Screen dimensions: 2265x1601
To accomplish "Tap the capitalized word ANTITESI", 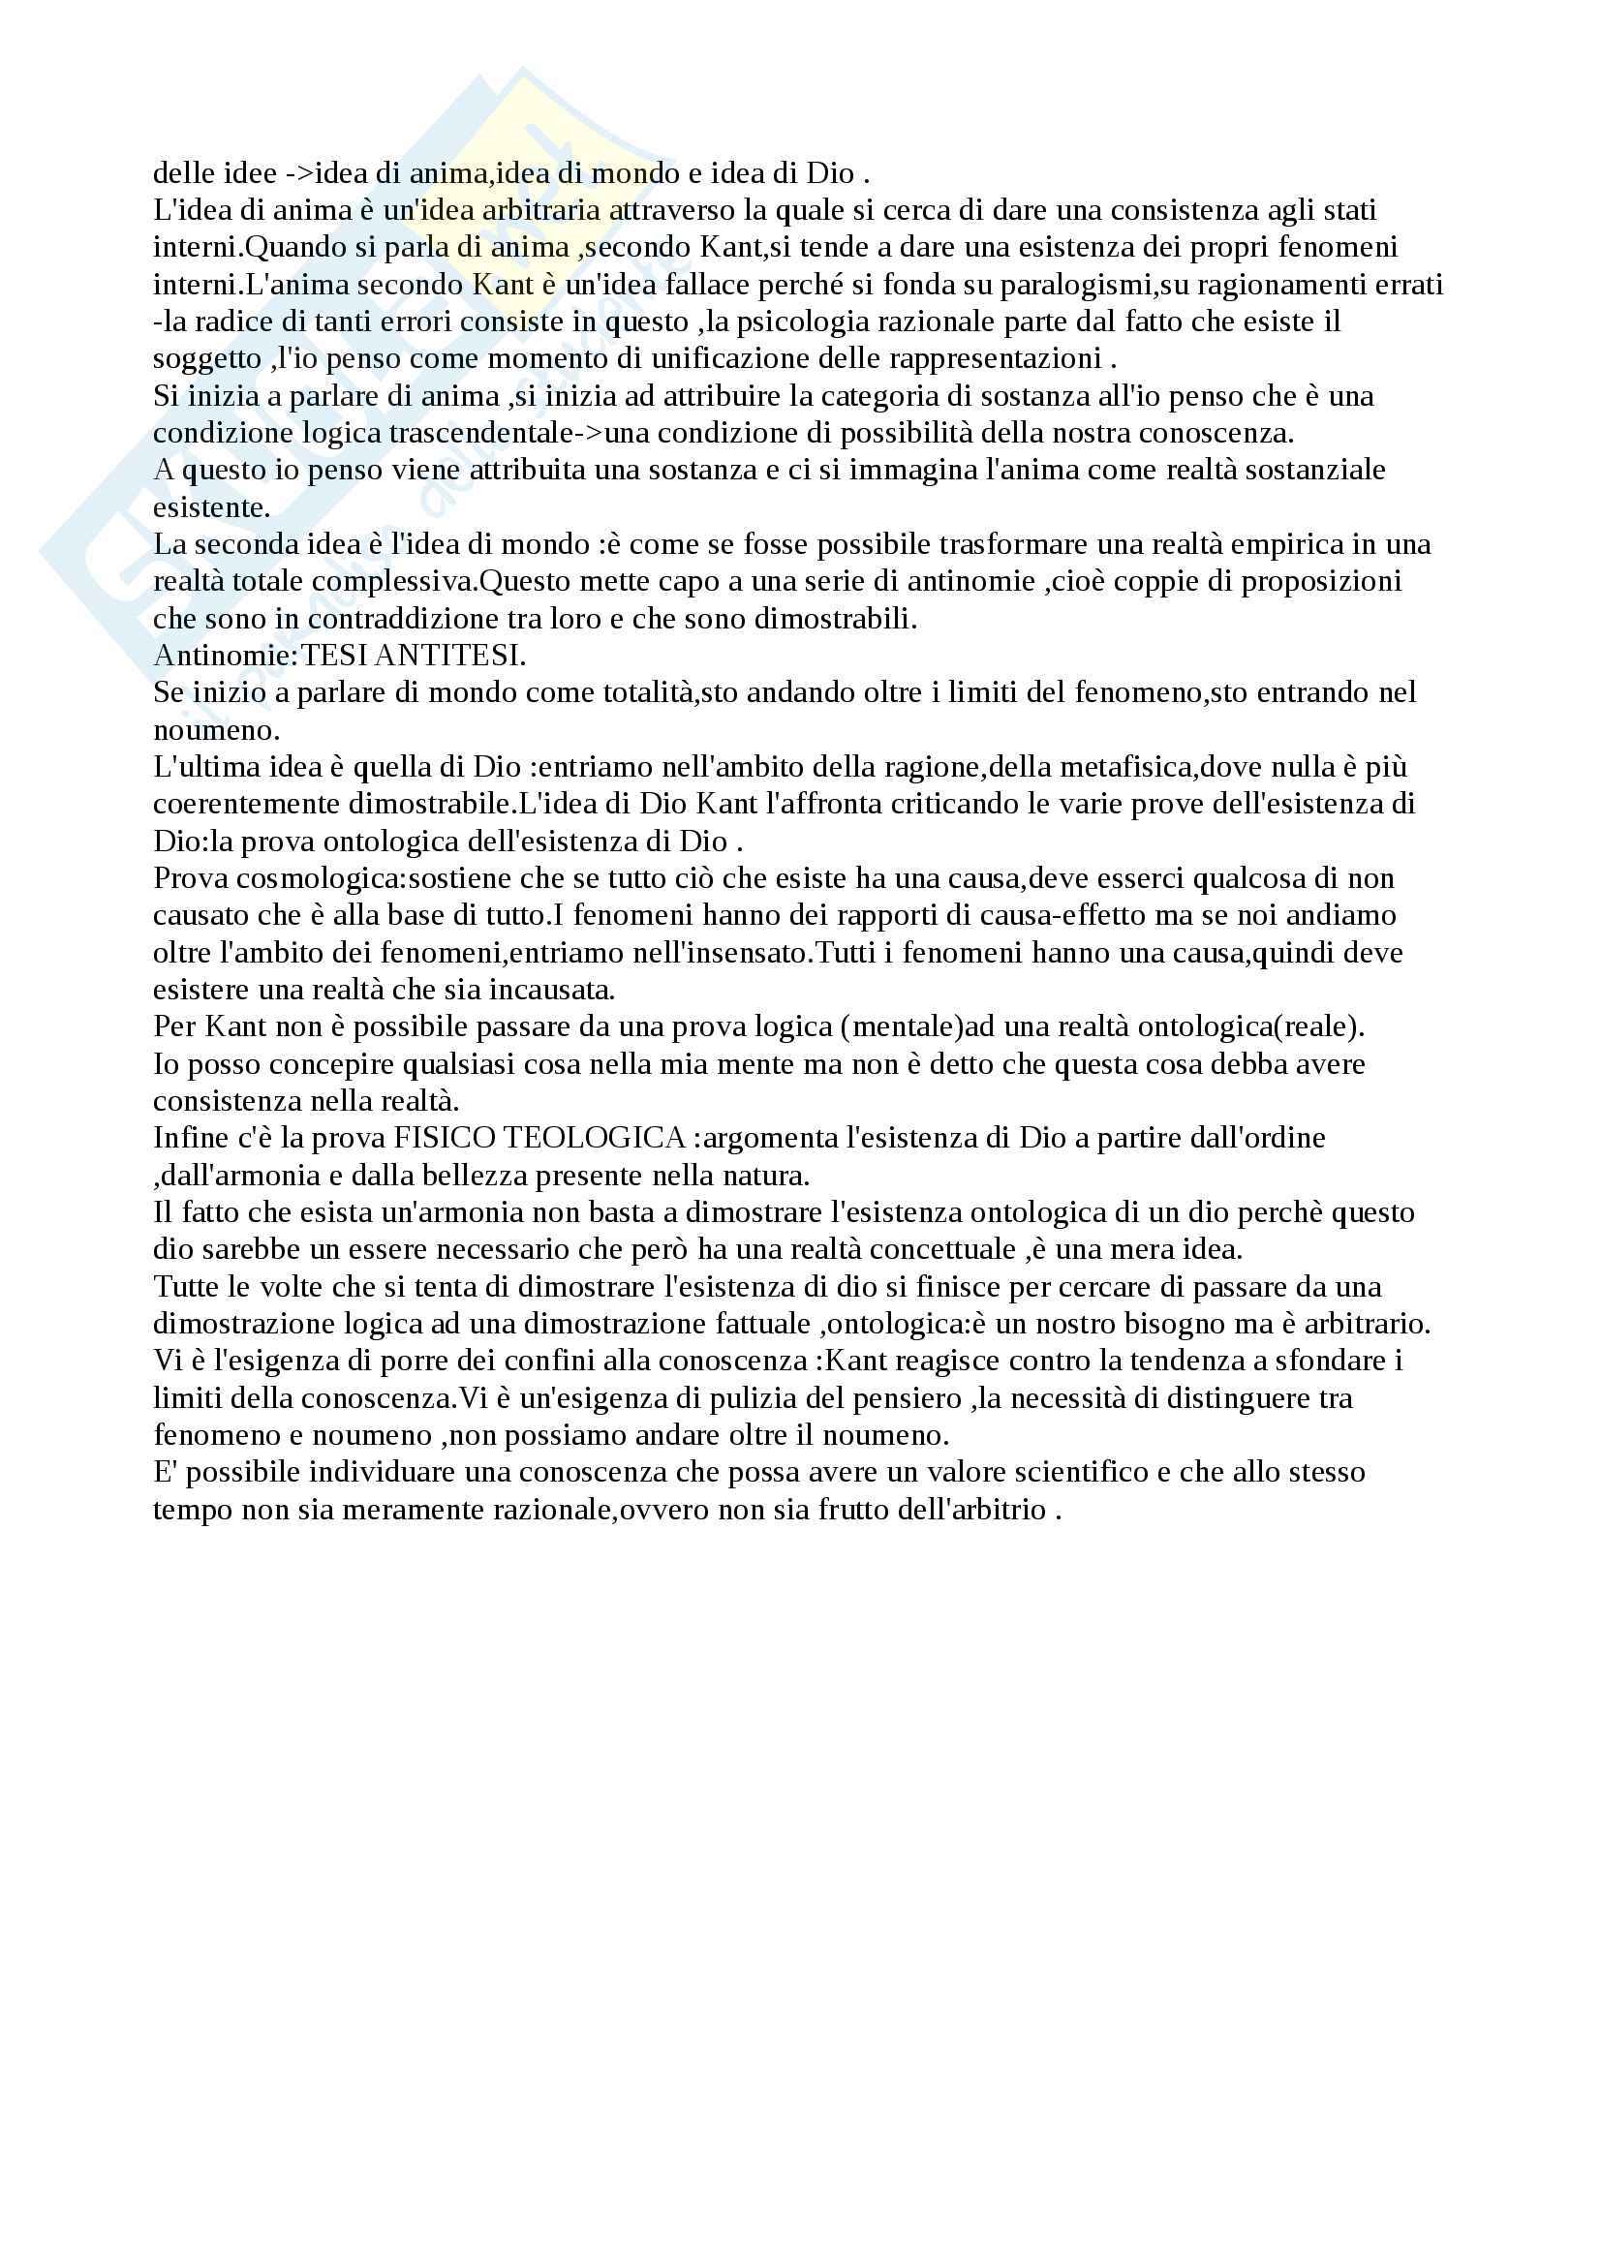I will (451, 656).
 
